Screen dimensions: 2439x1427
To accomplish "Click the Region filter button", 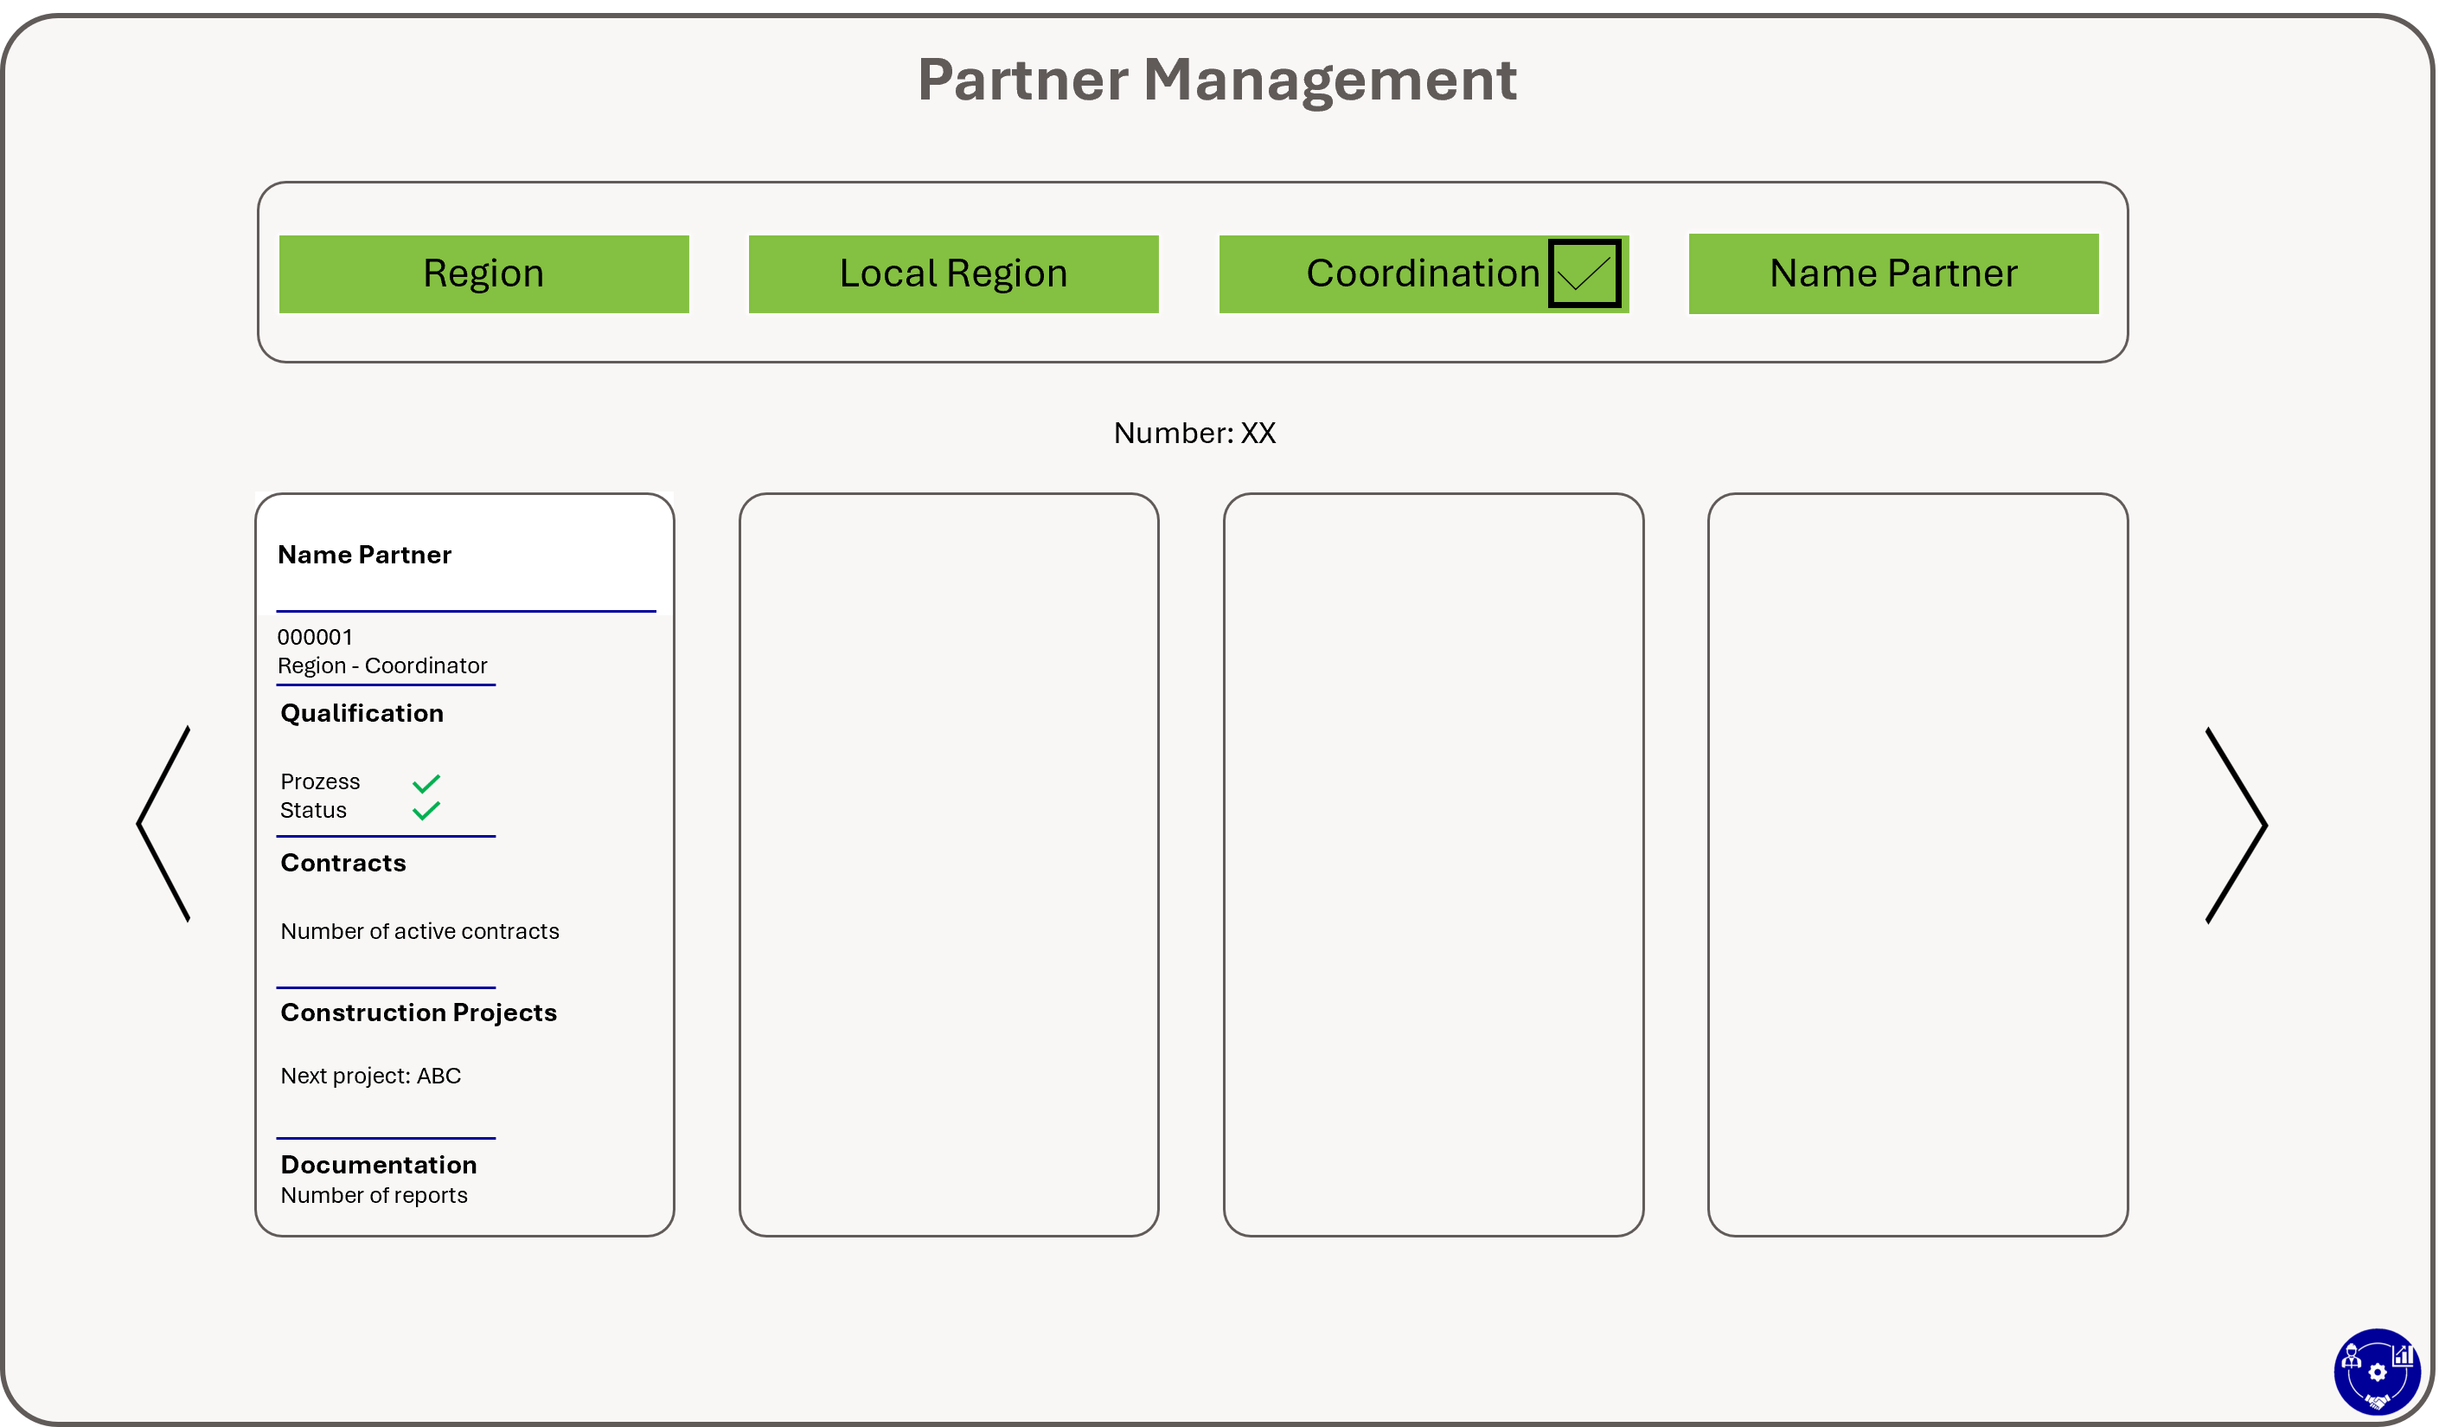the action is (x=484, y=274).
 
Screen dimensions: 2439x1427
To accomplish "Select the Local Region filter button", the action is (x=953, y=274).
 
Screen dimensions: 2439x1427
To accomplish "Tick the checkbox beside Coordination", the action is (x=1584, y=273).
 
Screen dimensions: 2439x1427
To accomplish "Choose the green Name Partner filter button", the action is (x=1893, y=274).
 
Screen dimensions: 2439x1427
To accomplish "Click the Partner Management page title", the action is (x=1217, y=80).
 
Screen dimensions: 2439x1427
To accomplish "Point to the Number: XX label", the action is (x=1194, y=433).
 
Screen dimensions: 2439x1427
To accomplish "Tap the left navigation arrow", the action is (x=163, y=824).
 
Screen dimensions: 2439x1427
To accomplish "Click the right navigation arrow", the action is (x=2236, y=826).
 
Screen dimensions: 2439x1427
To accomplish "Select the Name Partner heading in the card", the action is (x=364, y=555).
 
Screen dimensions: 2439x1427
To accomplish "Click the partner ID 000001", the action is (x=315, y=637).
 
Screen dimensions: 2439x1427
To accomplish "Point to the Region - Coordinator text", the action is (x=382, y=666).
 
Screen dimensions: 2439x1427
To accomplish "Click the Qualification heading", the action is (x=362, y=713).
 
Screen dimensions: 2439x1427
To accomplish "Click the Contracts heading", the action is (x=343, y=863).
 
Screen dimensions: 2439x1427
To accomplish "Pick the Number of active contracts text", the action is (x=420, y=931).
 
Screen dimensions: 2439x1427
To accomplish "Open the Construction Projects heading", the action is (x=419, y=1012).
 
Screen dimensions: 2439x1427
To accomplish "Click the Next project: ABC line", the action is (x=371, y=1076).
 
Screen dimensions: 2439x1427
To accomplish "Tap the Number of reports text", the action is (x=374, y=1196).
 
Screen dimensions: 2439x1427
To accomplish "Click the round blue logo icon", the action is (x=2377, y=1372).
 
